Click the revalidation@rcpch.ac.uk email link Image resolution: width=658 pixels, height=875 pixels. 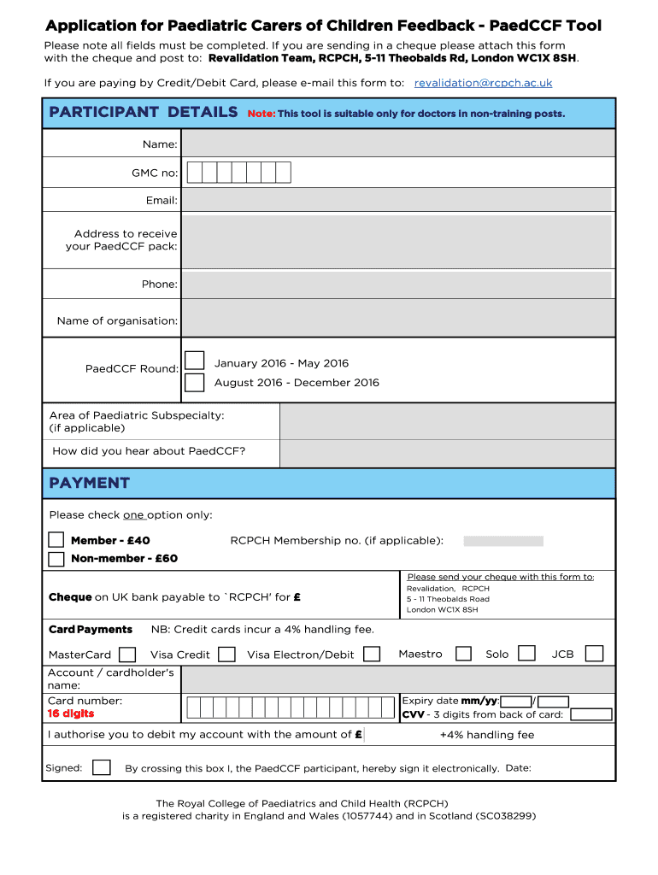483,83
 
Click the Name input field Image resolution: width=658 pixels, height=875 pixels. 397,144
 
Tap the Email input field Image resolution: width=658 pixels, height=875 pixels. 397,200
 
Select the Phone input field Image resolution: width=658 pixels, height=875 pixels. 397,285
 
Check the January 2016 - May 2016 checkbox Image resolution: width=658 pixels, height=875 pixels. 195,361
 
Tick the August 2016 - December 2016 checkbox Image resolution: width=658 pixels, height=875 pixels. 195,382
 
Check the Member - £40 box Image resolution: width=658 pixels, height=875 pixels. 56,540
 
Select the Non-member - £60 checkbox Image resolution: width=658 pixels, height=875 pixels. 56,559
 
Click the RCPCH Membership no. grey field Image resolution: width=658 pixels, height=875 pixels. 502,541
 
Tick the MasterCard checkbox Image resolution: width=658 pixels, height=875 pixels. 127,655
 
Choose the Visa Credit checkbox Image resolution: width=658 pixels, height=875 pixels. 226,655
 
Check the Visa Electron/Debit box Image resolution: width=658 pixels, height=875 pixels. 372,655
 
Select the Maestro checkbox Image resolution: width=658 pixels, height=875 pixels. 463,655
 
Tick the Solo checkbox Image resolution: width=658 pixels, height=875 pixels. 527,654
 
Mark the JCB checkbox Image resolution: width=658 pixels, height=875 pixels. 594,654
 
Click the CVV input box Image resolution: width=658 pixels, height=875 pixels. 591,715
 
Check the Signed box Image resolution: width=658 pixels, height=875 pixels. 102,767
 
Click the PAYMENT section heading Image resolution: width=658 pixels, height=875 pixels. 90,483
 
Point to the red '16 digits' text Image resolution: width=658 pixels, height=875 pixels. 71,714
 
